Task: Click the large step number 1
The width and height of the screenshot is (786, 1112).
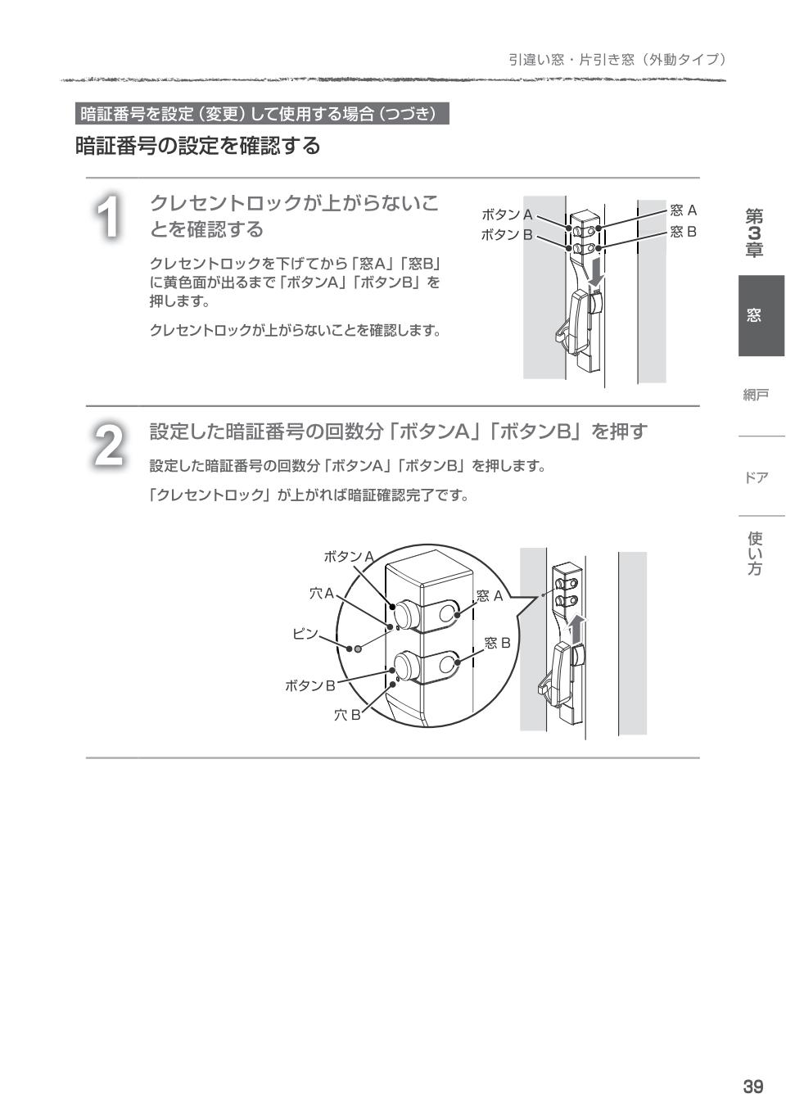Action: (108, 218)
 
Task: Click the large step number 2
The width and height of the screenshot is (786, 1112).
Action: (108, 445)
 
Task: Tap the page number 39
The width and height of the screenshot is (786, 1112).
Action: (752, 1087)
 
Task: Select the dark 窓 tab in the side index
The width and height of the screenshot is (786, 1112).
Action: (761, 315)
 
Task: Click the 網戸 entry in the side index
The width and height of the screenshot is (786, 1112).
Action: (755, 396)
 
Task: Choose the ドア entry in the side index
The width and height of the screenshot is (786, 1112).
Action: (756, 477)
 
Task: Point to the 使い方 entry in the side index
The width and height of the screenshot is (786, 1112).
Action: (755, 554)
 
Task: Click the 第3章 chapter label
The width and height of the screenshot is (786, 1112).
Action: (754, 233)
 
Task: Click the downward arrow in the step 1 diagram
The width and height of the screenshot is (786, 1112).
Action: (597, 272)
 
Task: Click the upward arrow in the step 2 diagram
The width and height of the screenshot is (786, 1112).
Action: (578, 629)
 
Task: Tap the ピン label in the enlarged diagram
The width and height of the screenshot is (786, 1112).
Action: (305, 634)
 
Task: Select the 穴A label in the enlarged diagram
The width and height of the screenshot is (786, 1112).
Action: (321, 593)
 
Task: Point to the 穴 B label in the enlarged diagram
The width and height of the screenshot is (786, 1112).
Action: (346, 715)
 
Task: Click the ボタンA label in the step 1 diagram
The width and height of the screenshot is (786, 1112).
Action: (507, 215)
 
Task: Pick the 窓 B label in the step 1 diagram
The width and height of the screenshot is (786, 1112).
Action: (683, 232)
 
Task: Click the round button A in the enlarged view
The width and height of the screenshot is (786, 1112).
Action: (405, 613)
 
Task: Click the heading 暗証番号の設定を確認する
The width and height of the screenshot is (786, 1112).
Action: (198, 146)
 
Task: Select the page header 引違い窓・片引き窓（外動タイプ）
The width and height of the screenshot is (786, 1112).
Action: (617, 59)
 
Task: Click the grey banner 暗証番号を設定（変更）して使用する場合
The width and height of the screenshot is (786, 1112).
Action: (262, 114)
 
